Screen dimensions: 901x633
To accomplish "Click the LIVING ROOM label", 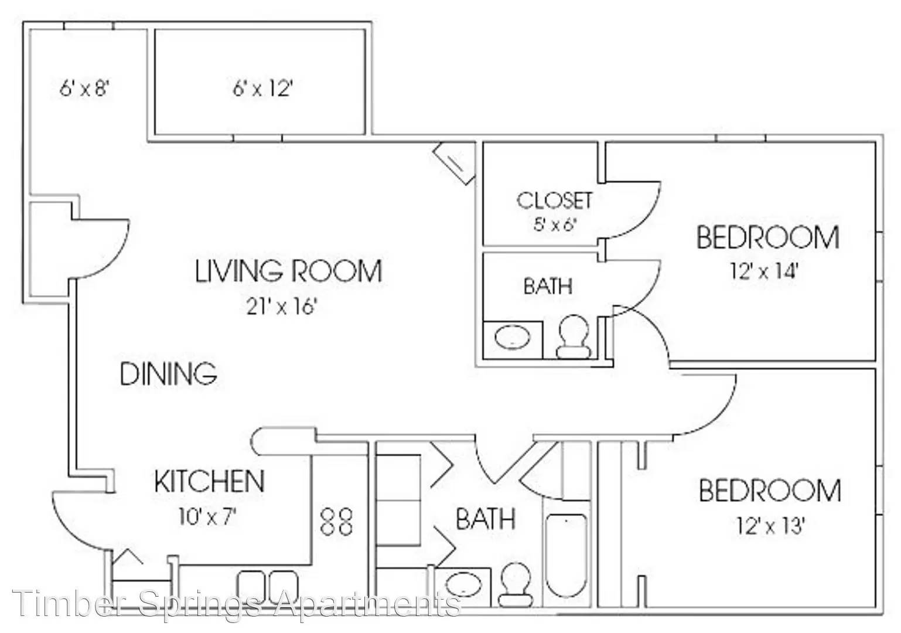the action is coord(288,271).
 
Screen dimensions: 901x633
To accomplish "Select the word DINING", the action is coord(169,374).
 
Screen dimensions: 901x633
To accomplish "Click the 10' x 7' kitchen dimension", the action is coord(207,517).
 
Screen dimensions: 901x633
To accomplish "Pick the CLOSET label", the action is coord(554,200).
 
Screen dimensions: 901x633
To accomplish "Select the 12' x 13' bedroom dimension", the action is coord(770,525).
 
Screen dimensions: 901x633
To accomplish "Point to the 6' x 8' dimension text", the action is coord(84,88).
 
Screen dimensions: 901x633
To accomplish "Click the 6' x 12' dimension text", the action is coord(262,88).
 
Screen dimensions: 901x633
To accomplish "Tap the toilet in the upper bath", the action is coord(574,336).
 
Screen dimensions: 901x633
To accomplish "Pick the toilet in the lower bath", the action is coord(516,585).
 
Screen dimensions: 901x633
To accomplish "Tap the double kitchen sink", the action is coord(268,587).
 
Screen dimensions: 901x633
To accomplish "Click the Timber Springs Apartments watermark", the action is coord(237,603).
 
